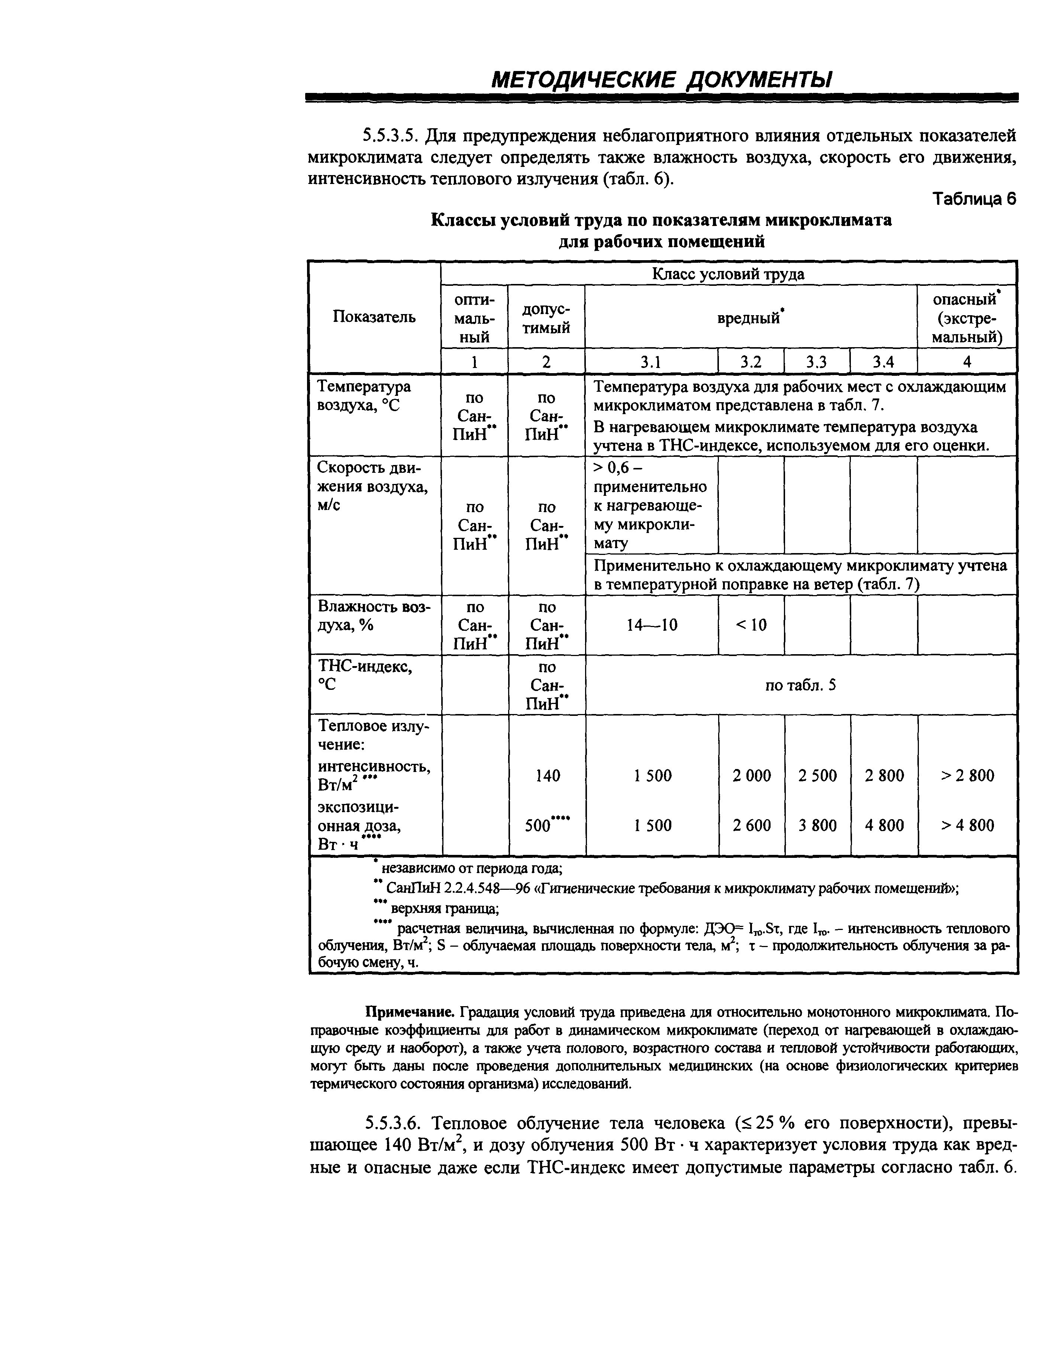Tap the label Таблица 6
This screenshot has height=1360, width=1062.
974,198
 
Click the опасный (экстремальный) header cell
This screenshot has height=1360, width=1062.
967,317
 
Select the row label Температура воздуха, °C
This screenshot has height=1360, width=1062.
364,396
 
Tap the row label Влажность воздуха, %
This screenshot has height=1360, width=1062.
374,615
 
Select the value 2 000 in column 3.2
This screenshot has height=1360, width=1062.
751,775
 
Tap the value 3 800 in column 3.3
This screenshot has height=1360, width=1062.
817,825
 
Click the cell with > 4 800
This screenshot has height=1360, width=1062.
967,825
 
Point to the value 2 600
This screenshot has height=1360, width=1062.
751,825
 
